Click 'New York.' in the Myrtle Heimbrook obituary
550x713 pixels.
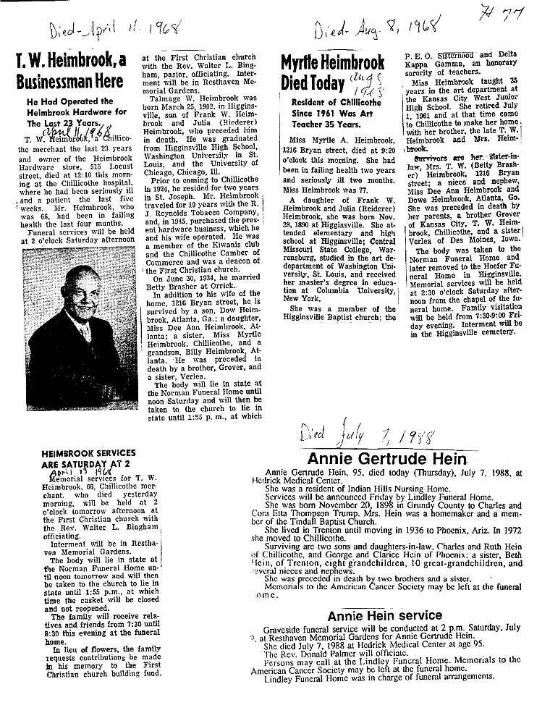pos(302,298)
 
